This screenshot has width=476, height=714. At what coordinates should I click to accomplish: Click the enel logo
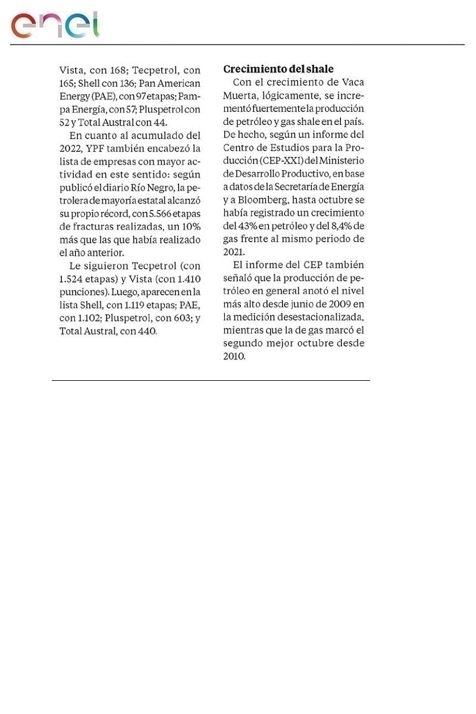55,25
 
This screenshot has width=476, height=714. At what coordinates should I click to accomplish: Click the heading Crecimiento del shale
278,69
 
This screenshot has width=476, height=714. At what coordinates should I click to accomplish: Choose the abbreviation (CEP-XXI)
287,161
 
